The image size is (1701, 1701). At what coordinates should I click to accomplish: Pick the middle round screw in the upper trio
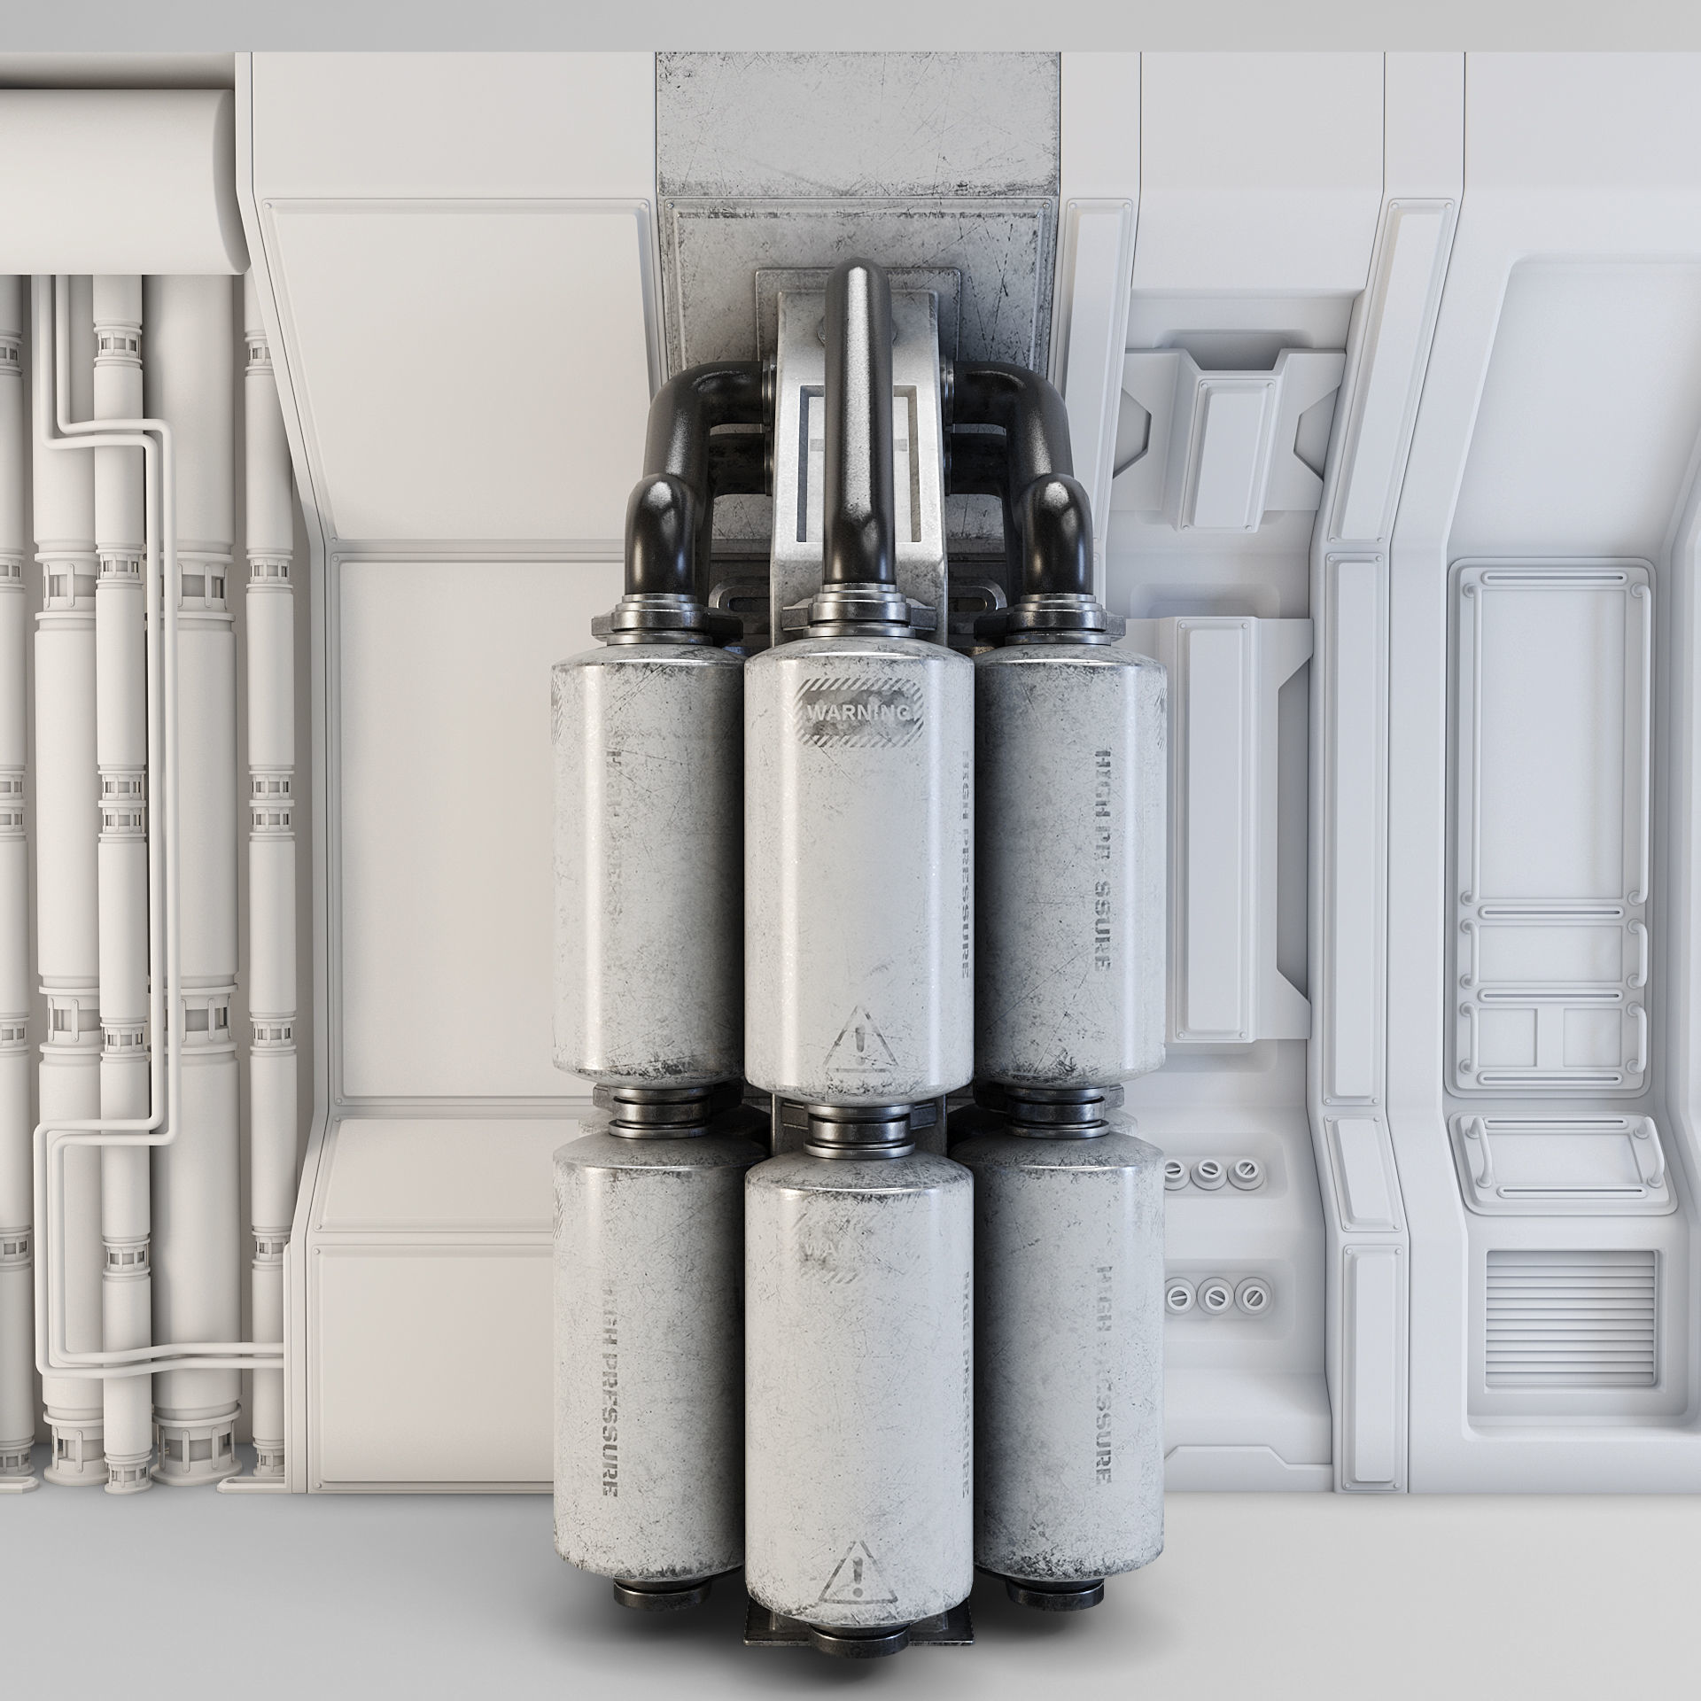[x=1206, y=1170]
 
